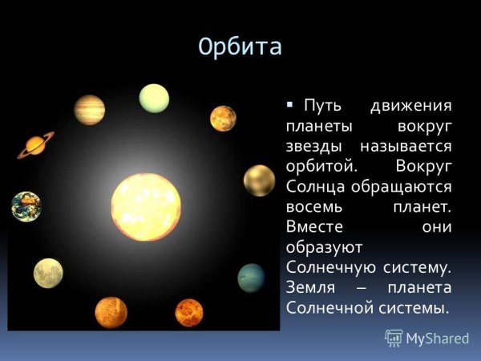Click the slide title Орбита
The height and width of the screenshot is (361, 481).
(240, 47)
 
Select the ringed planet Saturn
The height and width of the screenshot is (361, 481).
(35, 144)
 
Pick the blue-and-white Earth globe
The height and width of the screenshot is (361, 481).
(26, 206)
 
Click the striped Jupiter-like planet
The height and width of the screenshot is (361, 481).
(89, 110)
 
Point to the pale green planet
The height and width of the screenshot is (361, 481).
(154, 99)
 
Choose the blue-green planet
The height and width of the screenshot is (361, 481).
(251, 278)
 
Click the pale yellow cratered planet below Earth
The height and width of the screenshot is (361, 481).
(48, 273)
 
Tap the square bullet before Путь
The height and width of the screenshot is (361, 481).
(289, 106)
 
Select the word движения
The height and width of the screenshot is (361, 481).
(412, 107)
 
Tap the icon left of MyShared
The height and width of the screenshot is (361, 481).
(394, 338)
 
